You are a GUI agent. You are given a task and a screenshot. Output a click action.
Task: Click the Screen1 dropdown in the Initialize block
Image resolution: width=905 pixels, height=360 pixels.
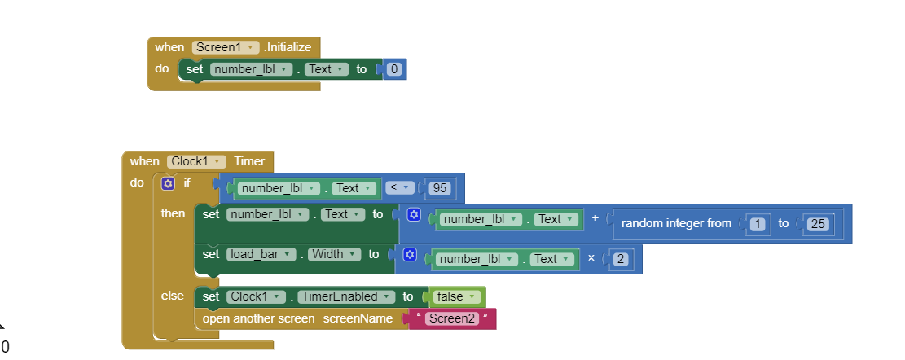pos(226,47)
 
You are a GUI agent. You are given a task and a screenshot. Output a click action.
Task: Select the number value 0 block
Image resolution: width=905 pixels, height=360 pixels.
pos(394,69)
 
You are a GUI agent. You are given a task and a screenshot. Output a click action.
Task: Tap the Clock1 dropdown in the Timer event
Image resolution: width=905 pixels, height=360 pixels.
pos(195,161)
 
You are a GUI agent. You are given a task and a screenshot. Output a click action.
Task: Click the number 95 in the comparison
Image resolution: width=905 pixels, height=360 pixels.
pos(440,188)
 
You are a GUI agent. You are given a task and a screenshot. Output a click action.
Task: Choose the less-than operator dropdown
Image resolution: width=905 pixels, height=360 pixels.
pos(398,188)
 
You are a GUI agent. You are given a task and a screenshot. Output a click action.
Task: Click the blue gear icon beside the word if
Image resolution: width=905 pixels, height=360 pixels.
pos(168,184)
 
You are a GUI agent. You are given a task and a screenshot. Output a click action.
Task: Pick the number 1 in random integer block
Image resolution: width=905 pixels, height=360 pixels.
pos(757,223)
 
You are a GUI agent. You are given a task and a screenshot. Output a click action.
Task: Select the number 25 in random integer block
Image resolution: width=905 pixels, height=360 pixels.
pos(817,223)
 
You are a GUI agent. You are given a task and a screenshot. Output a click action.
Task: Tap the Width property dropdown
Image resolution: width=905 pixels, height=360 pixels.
pos(333,254)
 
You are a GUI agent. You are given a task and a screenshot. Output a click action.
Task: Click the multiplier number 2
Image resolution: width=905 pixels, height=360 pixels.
pos(620,259)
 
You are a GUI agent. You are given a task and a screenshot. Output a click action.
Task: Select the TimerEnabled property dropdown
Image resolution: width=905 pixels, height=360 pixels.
pos(345,296)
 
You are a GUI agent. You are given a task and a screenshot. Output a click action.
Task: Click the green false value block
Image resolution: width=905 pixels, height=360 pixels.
pos(456,296)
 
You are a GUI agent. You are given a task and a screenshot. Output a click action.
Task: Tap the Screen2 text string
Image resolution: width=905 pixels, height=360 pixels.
pos(453,318)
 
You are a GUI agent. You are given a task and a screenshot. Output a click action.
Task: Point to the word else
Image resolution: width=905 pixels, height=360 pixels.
pos(172,296)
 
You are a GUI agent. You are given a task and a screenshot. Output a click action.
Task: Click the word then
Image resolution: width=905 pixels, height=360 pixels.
pos(173,213)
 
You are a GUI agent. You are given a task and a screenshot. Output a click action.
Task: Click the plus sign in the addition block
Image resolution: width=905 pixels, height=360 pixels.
pos(595,219)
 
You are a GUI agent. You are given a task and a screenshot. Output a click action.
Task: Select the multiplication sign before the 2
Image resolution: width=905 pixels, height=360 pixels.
pos(591,259)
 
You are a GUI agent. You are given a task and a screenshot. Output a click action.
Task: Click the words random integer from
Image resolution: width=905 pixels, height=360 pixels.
pos(676,223)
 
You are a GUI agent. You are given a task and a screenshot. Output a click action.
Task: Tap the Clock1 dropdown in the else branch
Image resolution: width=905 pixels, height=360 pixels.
pos(256,296)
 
